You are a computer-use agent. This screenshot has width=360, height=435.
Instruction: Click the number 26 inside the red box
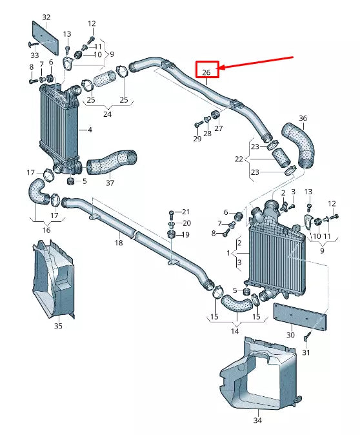(206, 72)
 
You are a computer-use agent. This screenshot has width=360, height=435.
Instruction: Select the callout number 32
(46, 16)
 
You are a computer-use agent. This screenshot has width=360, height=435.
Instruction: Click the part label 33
(34, 56)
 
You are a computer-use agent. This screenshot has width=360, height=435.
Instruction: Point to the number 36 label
(303, 118)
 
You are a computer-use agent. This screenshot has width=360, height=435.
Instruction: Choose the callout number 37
(110, 183)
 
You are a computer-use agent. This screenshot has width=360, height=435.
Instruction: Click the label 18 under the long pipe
(118, 243)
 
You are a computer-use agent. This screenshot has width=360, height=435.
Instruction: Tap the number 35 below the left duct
(58, 327)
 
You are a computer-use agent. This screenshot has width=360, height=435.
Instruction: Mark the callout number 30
(290, 335)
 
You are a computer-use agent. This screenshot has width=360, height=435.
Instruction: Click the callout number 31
(306, 352)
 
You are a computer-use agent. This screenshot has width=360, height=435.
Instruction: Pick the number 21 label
(186, 212)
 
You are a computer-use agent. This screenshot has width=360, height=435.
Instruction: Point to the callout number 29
(197, 139)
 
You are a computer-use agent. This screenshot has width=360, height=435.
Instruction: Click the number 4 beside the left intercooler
(89, 130)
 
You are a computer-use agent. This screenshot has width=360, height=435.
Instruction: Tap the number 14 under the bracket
(235, 331)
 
